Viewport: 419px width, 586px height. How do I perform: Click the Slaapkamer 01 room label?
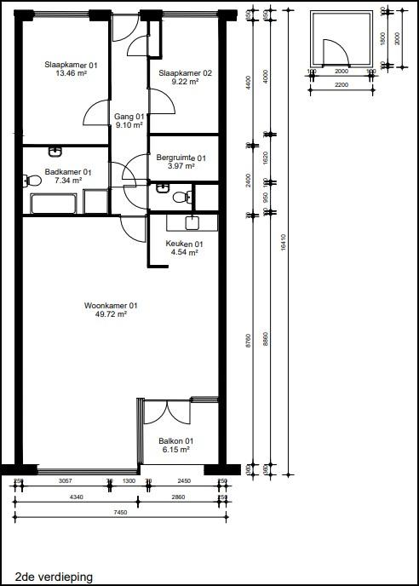[x=72, y=65]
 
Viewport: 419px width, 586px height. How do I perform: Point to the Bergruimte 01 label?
[x=181, y=158]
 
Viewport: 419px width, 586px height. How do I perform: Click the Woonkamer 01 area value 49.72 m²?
[x=111, y=314]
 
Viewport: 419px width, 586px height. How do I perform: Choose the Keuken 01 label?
[x=184, y=244]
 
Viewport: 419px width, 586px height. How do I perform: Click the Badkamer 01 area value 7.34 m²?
[x=68, y=181]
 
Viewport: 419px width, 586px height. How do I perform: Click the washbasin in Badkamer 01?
[x=56, y=152]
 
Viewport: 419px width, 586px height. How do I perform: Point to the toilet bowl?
[x=179, y=198]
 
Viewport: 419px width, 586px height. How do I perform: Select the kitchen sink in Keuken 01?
[x=191, y=223]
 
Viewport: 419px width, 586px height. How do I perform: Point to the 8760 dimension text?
[x=249, y=341]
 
